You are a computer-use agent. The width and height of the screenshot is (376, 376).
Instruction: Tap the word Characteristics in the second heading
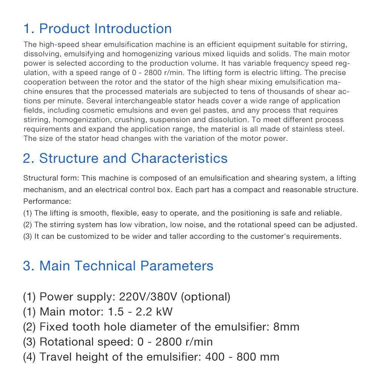179,158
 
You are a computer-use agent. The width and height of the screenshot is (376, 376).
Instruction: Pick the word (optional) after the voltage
206,297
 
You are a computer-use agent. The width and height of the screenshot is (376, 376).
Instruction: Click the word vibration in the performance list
150,225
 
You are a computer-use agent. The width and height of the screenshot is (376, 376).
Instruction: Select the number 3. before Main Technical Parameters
29,266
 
